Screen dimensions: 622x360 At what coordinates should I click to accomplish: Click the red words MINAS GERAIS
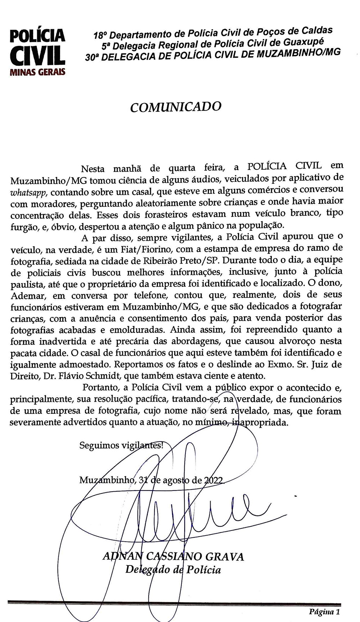tap(38, 72)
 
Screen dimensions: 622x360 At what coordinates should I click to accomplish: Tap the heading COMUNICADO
tap(175, 107)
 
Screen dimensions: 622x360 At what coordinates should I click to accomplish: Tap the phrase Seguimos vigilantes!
tap(121, 446)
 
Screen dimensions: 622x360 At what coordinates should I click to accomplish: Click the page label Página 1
tap(324, 612)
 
